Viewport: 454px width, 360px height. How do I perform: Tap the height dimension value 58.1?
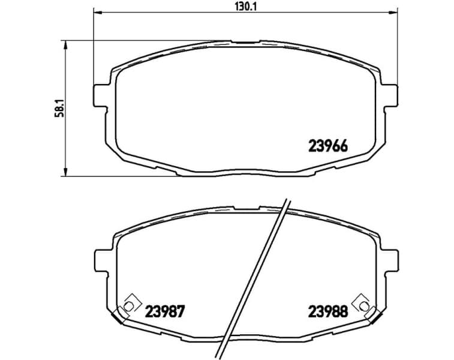[x=58, y=108]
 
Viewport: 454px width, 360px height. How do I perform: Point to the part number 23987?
[x=164, y=311]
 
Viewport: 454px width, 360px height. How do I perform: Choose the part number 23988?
[x=328, y=311]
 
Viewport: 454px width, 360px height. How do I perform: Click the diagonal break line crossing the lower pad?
[x=256, y=276]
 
